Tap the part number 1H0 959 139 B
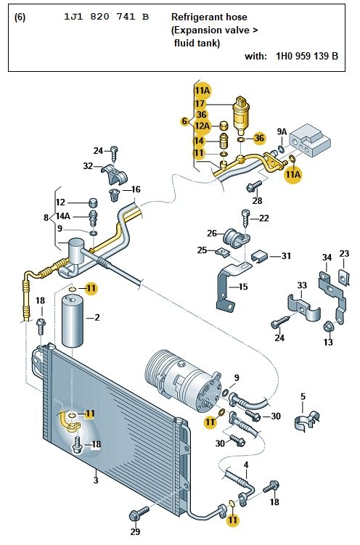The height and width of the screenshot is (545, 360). (x=306, y=55)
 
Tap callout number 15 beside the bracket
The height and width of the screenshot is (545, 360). (x=242, y=287)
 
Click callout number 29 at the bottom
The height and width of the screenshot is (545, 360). (x=135, y=533)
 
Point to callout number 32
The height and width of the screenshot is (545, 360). (x=88, y=165)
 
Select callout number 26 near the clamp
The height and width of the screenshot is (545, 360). (x=212, y=233)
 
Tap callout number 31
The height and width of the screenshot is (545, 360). (x=285, y=255)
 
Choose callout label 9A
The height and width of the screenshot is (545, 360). (x=282, y=131)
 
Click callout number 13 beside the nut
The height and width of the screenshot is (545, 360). (x=328, y=342)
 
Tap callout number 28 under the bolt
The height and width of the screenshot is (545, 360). (x=257, y=200)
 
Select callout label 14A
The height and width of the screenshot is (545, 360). (x=63, y=216)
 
